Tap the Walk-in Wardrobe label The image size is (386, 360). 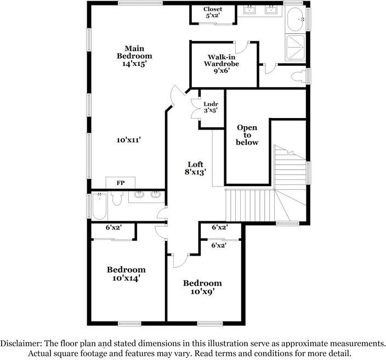223,63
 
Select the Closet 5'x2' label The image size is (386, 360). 212,13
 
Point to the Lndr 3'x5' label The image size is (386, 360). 211,107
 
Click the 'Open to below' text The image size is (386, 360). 247,135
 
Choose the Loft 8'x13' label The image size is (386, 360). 196,168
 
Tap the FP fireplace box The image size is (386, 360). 120,183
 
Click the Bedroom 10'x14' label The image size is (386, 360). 126,273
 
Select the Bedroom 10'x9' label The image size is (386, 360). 202,287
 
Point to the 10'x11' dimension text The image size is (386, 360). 129,140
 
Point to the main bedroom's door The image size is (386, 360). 175,97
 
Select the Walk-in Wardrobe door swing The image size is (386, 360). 251,46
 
